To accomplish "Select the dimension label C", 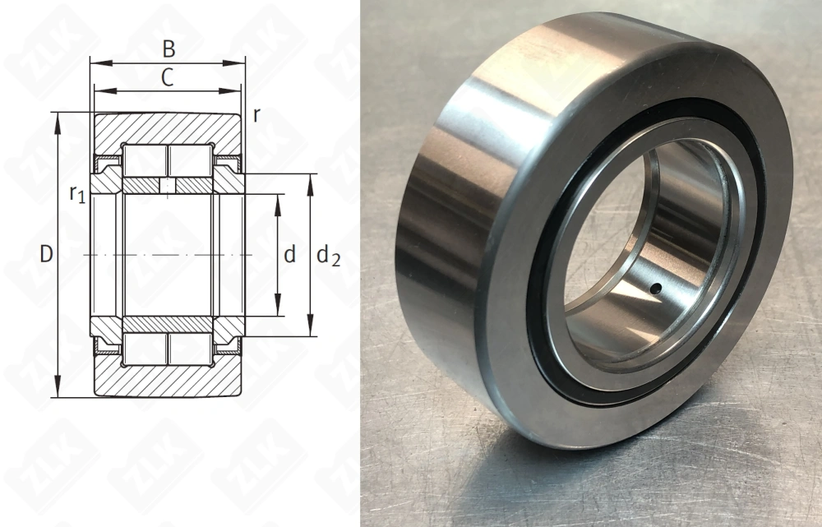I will tap(167, 78).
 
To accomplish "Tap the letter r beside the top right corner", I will tap(256, 115).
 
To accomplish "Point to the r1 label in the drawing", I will tap(77, 194).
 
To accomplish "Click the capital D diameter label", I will tap(46, 255).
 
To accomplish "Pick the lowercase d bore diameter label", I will tap(289, 255).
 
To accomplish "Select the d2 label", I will tap(328, 257).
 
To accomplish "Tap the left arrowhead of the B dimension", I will tap(95, 62).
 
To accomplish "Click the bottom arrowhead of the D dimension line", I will tap(58, 392).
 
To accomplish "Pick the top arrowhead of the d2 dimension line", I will tap(311, 179).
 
